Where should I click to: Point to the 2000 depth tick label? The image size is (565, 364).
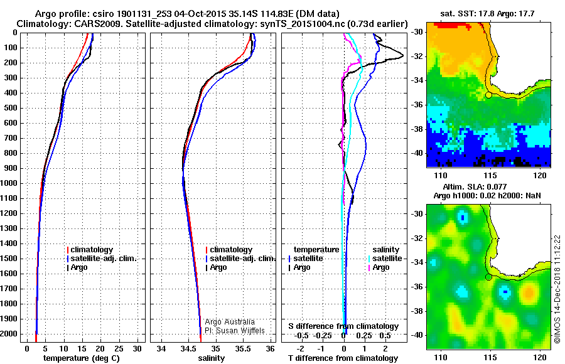click(11, 334)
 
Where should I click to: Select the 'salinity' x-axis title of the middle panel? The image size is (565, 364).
click(212, 358)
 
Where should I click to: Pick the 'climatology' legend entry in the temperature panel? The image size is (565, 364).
click(91, 250)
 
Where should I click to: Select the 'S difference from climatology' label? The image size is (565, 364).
click(343, 326)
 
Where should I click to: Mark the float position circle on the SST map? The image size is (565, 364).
click(489, 95)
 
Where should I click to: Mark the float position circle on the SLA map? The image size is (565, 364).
click(489, 277)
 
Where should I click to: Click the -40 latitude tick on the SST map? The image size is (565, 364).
click(419, 153)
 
